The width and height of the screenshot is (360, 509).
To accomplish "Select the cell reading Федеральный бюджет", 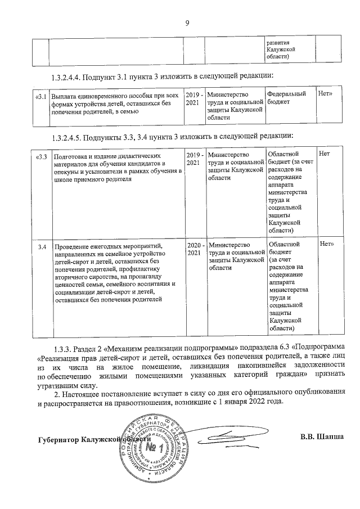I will (287, 98).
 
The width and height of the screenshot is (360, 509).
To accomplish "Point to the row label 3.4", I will (42, 246).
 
